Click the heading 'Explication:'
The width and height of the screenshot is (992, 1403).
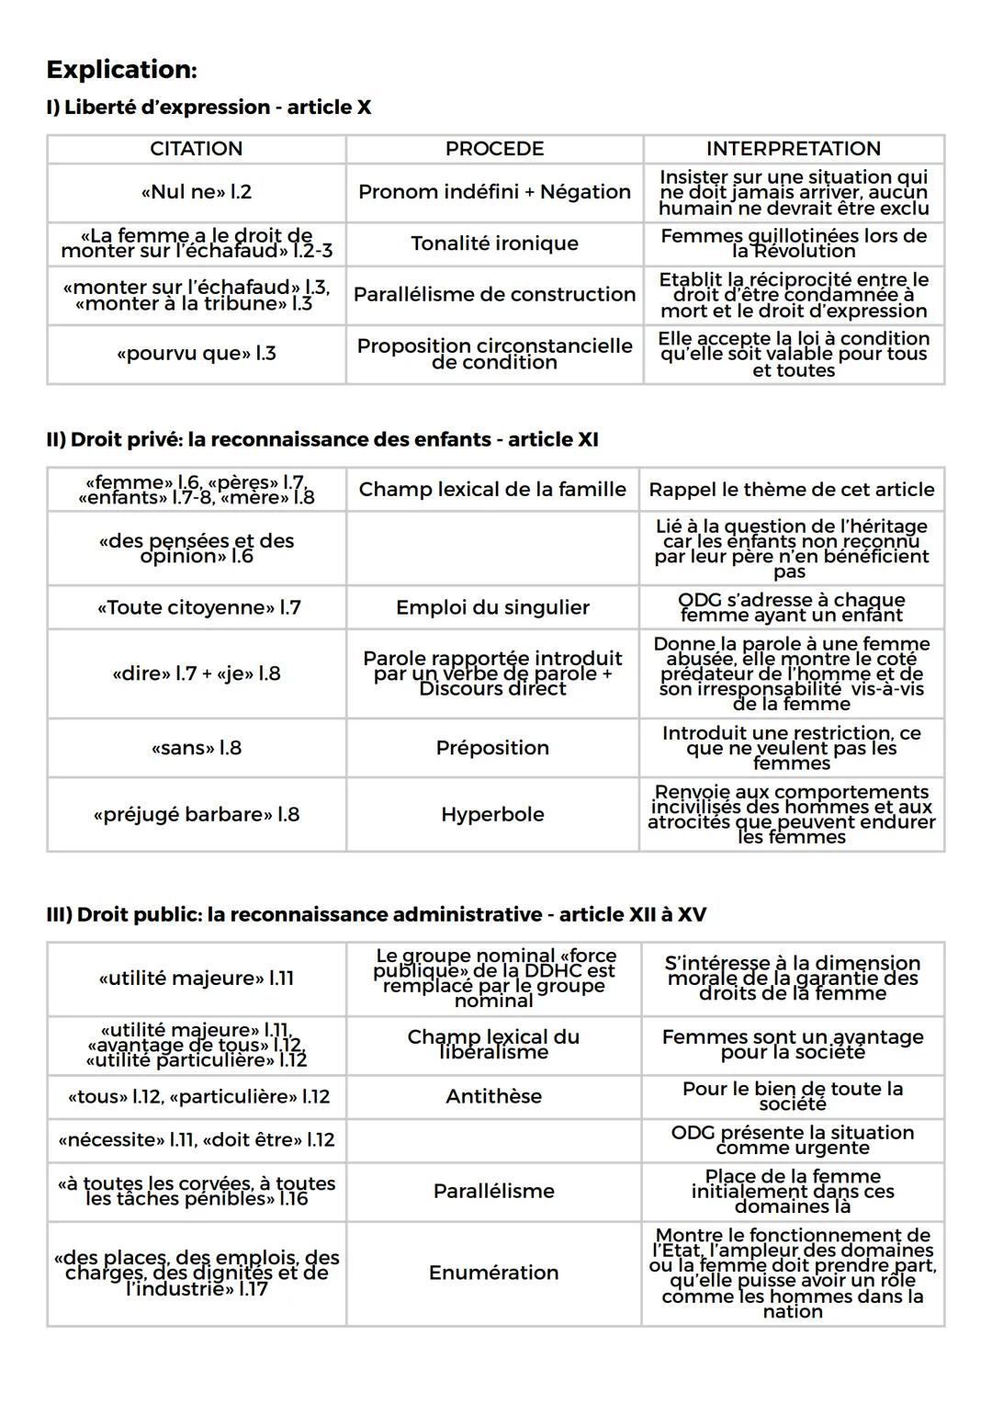point(121,70)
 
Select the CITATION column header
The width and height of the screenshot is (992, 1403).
point(196,149)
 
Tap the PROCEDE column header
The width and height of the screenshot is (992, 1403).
point(494,149)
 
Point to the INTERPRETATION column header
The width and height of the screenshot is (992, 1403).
point(793,149)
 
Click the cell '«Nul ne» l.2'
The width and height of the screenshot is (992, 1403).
point(196,192)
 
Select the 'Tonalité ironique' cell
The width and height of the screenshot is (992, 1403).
point(494,243)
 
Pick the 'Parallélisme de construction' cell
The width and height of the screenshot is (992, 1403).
point(494,295)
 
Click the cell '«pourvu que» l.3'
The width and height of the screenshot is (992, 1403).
point(196,354)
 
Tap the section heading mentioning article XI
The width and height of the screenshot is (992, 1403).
point(321,440)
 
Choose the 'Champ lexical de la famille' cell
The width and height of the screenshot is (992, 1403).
point(492,490)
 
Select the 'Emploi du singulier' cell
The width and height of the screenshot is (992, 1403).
point(492,608)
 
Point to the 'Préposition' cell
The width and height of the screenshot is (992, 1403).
point(492,749)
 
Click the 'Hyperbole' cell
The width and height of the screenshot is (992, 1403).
point(492,815)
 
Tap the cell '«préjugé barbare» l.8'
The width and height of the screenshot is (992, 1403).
point(196,815)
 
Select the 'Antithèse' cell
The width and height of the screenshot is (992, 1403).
point(493,1097)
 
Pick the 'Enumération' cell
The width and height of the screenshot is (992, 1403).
point(493,1273)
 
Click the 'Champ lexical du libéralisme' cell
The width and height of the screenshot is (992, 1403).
point(493,1045)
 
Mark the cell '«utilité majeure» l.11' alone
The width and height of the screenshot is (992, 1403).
point(196,979)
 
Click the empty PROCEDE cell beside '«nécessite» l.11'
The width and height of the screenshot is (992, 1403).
point(493,1141)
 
